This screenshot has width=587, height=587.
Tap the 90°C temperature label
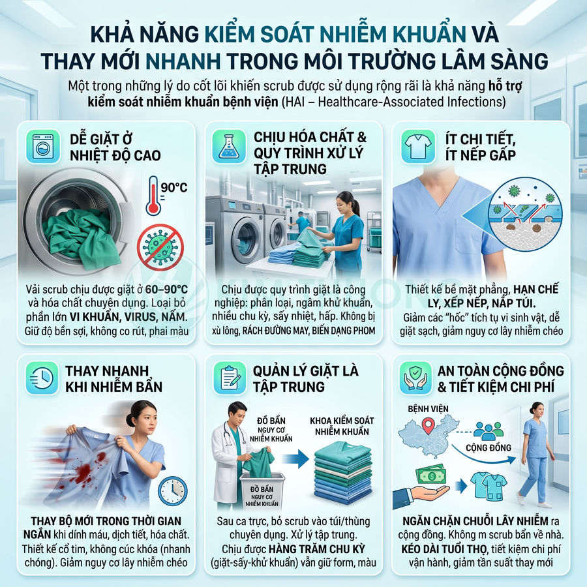(x=173, y=188)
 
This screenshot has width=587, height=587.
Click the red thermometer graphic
(x=153, y=195)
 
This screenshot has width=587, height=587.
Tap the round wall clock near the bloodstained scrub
(x=172, y=490)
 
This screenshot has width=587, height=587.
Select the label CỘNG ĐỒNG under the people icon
(x=489, y=448)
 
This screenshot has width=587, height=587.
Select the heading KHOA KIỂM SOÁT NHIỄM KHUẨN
(x=343, y=426)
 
